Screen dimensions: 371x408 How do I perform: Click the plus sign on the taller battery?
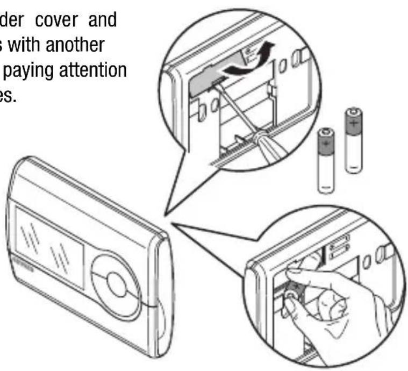[353, 123]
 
